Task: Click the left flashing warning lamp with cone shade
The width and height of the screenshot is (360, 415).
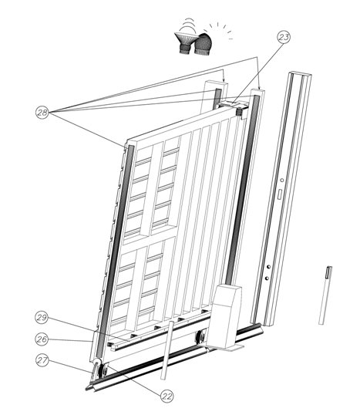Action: pyautogui.click(x=186, y=42)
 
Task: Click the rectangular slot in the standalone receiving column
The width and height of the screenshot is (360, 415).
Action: pyautogui.click(x=276, y=199)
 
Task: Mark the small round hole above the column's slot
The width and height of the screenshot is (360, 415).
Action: pyautogui.click(x=281, y=182)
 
